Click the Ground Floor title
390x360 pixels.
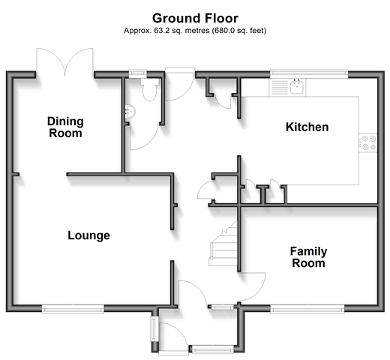[195, 18]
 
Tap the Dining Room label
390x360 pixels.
[65, 127]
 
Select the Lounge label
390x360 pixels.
[89, 235]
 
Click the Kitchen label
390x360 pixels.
[307, 127]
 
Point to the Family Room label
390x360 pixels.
[309, 257]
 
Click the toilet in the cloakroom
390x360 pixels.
[149, 89]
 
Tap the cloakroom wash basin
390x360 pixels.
[130, 112]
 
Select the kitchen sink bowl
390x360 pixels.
[297, 87]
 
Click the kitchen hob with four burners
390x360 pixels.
[369, 142]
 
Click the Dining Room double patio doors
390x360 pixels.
[65, 62]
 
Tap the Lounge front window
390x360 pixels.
[73, 309]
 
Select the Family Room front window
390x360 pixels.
[307, 309]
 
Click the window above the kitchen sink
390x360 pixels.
[309, 73]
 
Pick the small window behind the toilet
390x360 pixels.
[137, 73]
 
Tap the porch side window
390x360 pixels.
[153, 328]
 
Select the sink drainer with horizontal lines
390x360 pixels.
[279, 87]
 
